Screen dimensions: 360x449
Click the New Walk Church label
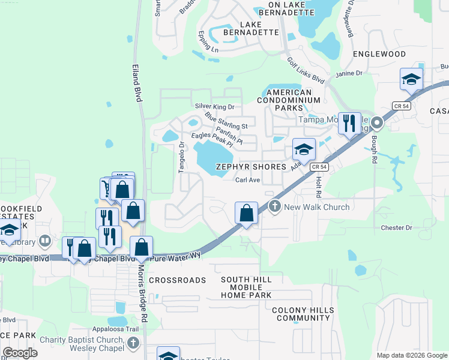pos(316,207)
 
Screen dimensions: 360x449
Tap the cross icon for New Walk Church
pos(275,206)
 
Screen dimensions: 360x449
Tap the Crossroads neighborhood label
pos(177,280)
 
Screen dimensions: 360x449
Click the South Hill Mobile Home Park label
pos(246,287)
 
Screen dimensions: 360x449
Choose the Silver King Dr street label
pos(214,106)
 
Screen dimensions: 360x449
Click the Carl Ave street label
pos(247,180)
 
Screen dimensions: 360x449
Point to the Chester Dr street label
pos(397,228)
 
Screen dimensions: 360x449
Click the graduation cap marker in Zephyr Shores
pos(304,149)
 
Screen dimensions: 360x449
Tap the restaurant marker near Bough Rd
pos(349,124)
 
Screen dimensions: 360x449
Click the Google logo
pos(20,353)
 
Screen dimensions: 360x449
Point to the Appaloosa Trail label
pos(115,329)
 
